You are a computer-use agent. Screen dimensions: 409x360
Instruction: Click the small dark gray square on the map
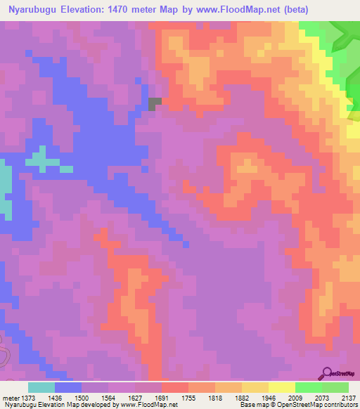155,103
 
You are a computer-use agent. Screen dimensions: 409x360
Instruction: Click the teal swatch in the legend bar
41,387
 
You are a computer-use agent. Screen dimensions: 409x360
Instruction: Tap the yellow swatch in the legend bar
281,387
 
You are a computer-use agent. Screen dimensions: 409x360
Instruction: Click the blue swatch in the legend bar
68,387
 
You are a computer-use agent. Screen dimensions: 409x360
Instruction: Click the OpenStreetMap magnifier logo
327,372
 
